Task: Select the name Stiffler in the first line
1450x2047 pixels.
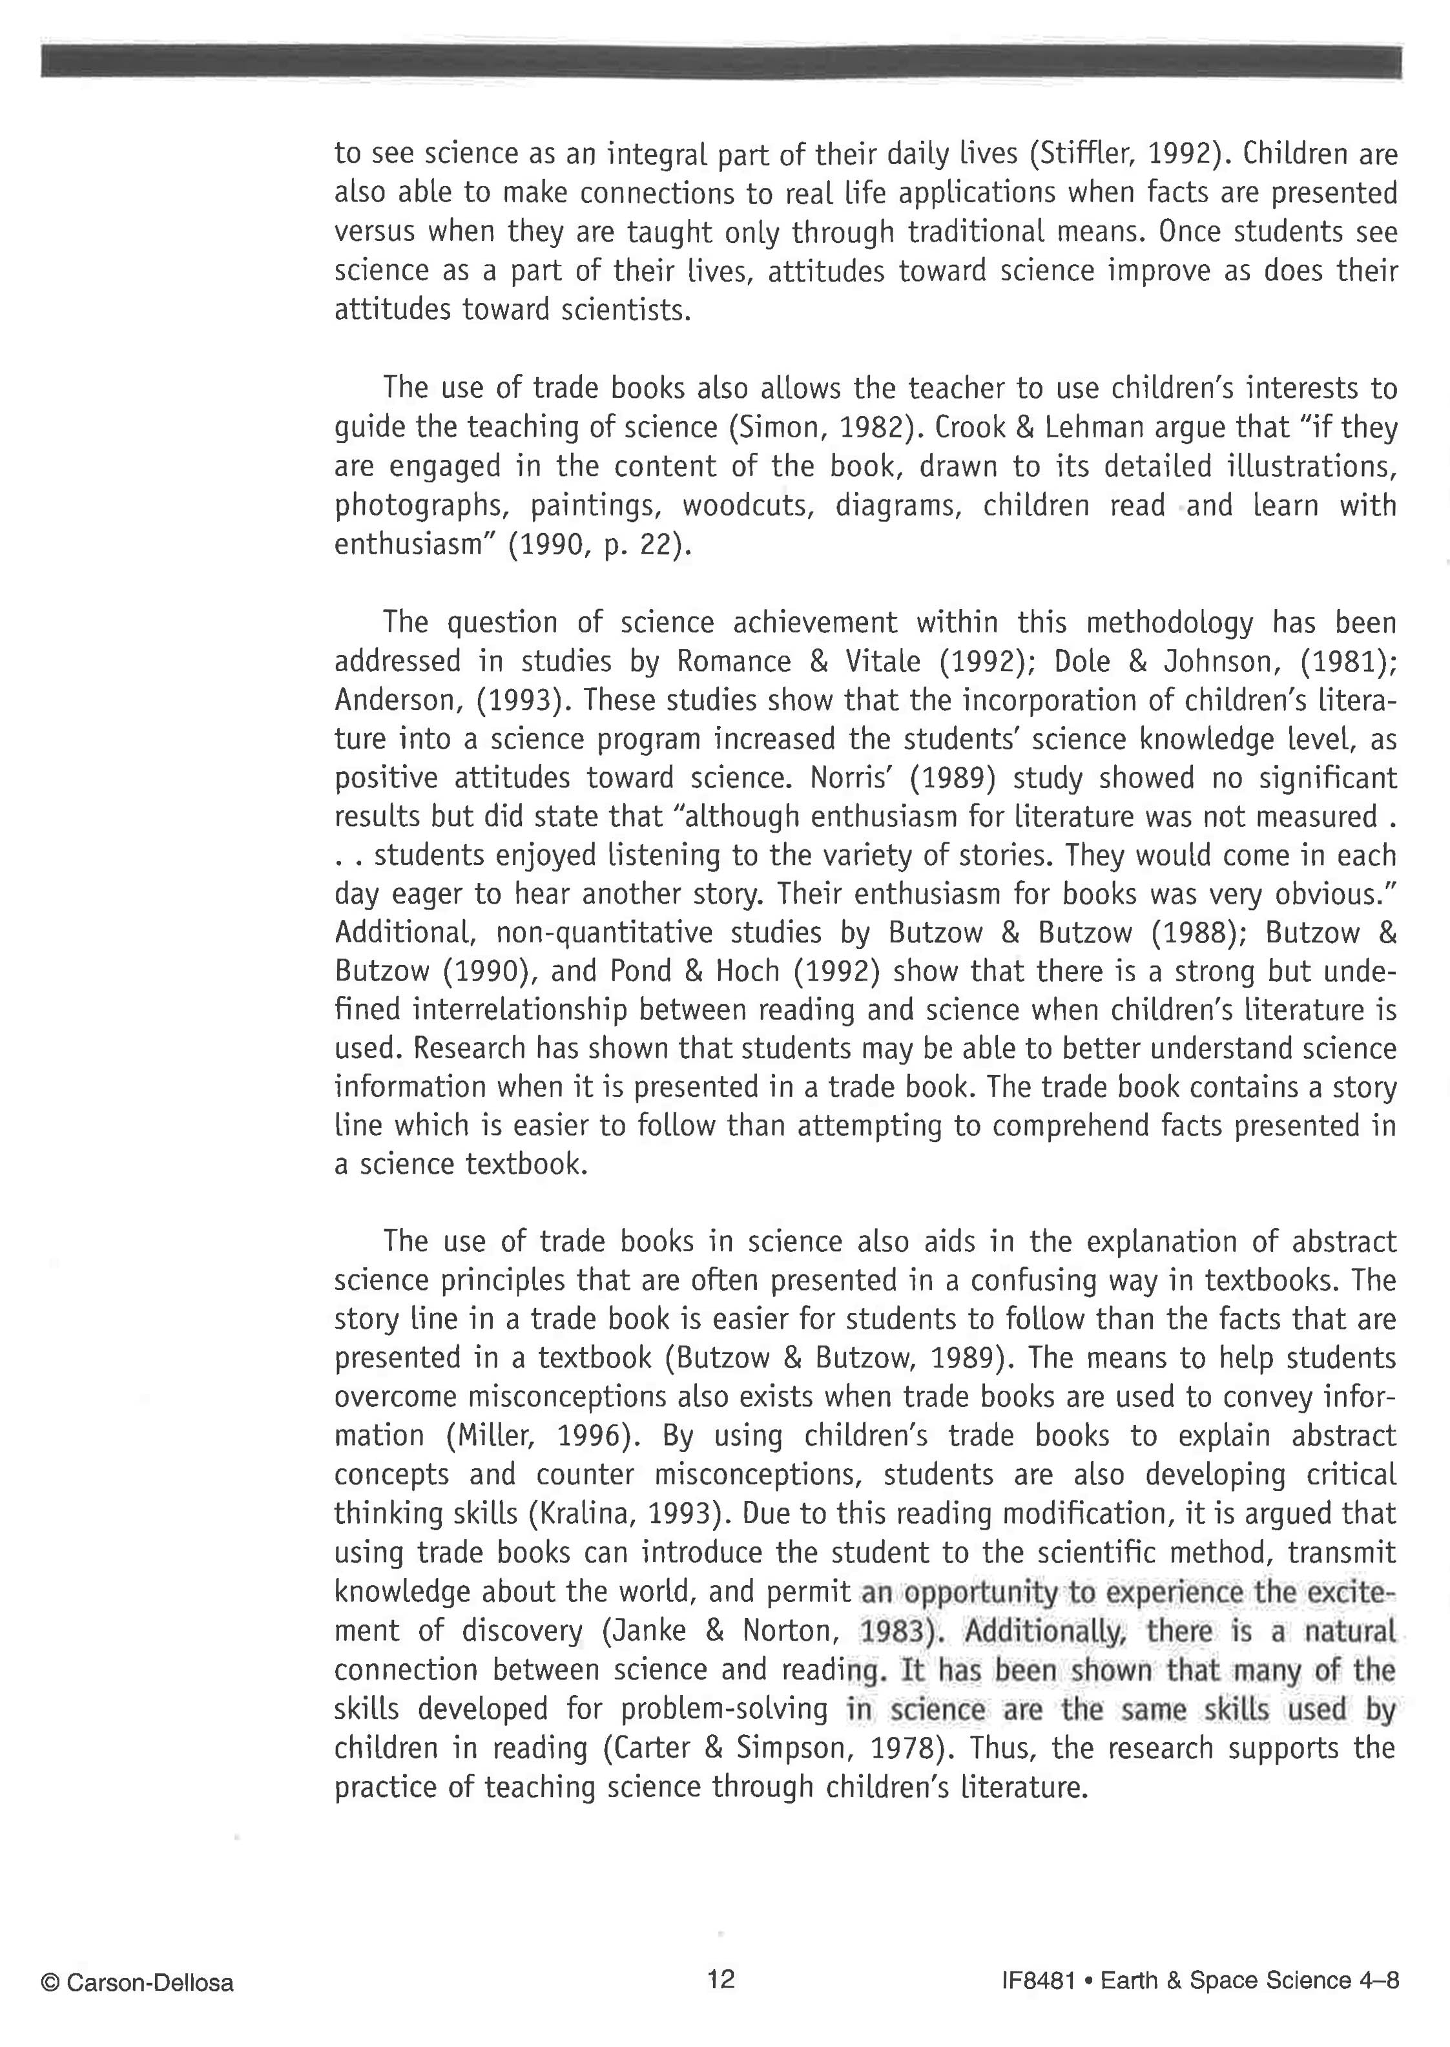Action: tap(1082, 154)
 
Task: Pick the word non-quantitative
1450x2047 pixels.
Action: tap(605, 933)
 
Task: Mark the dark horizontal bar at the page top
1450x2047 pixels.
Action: tap(721, 61)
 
